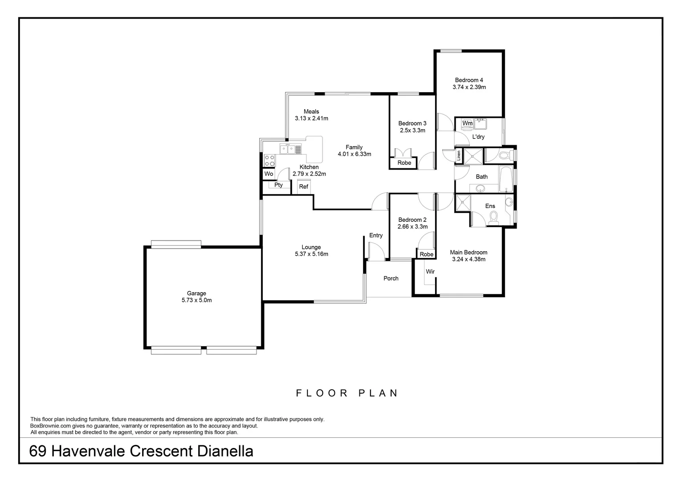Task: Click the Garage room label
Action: [196, 293]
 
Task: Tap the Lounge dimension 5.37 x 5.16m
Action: [311, 254]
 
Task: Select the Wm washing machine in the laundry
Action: [467, 123]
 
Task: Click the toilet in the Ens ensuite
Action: [493, 217]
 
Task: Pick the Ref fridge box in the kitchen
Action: [303, 187]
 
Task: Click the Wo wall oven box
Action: [269, 174]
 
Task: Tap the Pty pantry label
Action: [278, 185]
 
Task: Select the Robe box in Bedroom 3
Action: [404, 163]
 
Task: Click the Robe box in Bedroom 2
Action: [426, 254]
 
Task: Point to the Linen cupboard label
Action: [459, 155]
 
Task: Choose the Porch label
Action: [391, 278]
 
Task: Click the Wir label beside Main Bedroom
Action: [430, 272]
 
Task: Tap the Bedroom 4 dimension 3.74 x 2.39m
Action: [469, 87]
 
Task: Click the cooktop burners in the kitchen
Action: [269, 160]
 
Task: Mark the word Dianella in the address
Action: [225, 451]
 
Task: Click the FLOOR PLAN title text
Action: [347, 393]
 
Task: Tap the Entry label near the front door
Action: [376, 236]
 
